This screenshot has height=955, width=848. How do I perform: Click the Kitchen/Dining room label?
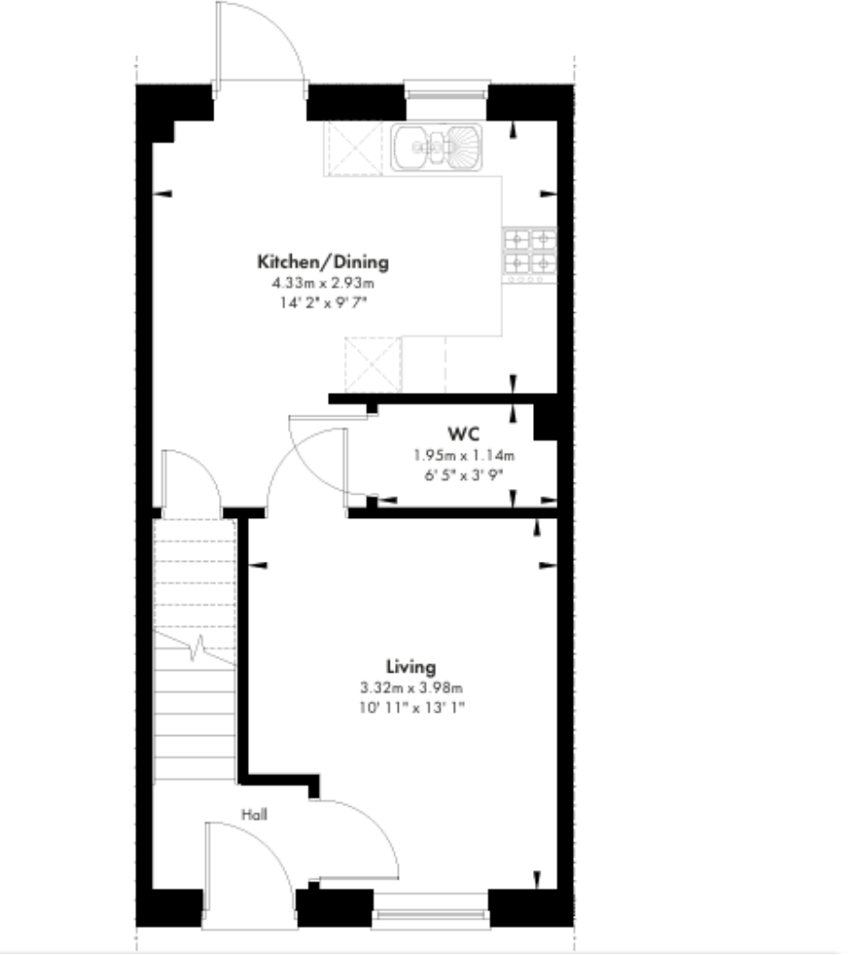322,262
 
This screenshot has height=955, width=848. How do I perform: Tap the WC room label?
463,434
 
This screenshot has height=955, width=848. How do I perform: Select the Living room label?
411,667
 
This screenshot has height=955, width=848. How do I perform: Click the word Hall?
254,814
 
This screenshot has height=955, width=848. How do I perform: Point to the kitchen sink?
437,147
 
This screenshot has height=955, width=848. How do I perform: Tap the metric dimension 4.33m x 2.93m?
322,282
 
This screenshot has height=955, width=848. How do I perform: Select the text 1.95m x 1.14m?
463,456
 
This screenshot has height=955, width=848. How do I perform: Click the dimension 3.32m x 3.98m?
412,688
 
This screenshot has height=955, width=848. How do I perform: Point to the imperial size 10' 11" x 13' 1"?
412,707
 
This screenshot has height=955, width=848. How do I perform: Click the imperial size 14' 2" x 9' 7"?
322,302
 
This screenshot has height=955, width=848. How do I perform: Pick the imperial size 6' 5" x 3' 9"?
463,474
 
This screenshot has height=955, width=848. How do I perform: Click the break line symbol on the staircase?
197,647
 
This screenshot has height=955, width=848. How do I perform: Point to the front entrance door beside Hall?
247,871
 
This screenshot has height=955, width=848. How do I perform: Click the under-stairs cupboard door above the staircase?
191,480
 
